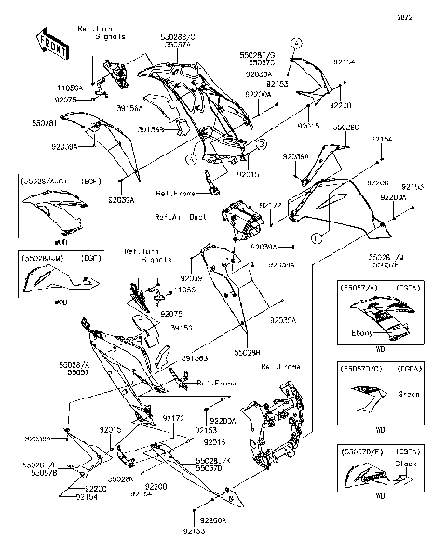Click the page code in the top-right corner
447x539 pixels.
(429, 17)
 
